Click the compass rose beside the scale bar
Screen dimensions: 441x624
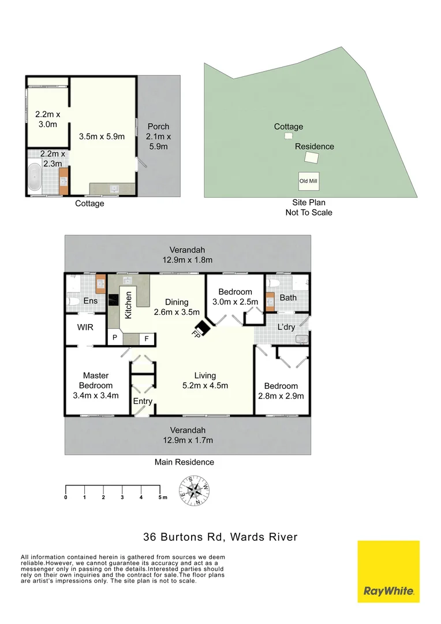tap(195, 491)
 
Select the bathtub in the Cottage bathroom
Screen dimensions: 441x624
tap(34, 178)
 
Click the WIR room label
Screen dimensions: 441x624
tap(85, 327)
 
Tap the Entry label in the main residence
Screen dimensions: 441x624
tap(143, 402)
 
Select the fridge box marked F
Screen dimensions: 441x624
tap(147, 338)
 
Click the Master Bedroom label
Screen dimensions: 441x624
tap(96, 385)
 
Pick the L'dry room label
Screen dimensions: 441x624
tap(286, 328)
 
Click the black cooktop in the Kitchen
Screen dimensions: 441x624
tap(114, 300)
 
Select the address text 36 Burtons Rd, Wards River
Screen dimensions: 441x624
tap(220, 537)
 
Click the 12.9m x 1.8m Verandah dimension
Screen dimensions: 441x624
tap(188, 260)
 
